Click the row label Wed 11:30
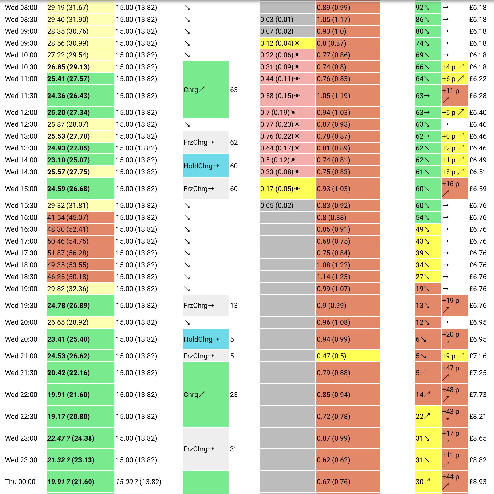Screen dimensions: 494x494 [21, 96]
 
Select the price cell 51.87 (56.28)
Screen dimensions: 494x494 [81, 253]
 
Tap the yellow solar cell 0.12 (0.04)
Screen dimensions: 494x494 [287, 43]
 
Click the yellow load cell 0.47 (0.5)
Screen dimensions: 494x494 [348, 356]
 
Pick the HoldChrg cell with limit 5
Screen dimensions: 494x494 [205, 339]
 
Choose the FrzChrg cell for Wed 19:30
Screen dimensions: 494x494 [205, 305]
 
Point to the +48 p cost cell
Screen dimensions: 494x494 [454, 395]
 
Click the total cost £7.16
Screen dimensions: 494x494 [478, 356]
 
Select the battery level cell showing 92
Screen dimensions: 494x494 [427, 7]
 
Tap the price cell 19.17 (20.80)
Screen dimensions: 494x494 [81, 416]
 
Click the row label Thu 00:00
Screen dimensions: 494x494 [20, 481]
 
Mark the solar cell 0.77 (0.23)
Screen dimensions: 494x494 [287, 124]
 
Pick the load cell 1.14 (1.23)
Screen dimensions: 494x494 [348, 277]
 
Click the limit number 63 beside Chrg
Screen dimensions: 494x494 [234, 90]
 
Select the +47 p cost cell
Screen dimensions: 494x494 [454, 373]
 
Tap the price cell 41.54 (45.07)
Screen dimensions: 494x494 [81, 217]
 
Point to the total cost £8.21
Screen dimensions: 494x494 [478, 416]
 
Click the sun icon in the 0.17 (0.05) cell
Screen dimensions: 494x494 [297, 189]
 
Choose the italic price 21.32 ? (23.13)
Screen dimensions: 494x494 [71, 460]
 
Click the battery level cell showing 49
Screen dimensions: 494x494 [427, 229]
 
